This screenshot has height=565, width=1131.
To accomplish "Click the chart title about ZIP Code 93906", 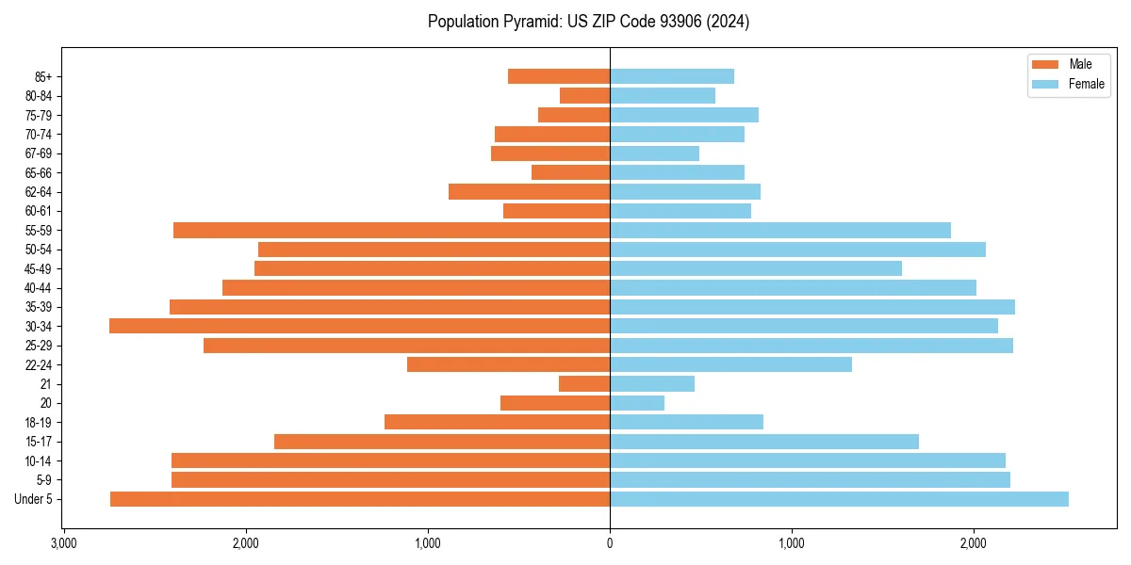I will (x=588, y=22).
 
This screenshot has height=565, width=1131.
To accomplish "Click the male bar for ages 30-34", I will (x=360, y=326).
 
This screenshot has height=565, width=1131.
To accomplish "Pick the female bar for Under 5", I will (x=839, y=499).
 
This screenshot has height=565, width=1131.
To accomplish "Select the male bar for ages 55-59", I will (x=392, y=230).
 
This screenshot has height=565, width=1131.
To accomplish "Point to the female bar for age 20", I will (x=637, y=403).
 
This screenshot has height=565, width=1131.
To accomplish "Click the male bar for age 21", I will (x=584, y=384).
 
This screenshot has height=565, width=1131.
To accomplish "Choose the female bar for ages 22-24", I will (x=730, y=364).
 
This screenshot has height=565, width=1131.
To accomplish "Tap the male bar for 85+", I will (x=559, y=76).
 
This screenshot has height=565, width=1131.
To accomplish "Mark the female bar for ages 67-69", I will (x=654, y=153).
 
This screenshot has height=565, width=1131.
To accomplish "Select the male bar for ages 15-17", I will (x=442, y=442).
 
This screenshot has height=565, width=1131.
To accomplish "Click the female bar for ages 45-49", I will (x=756, y=268).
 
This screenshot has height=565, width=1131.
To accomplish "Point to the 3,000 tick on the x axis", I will (x=63, y=543).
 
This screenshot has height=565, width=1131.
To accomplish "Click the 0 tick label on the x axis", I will (x=610, y=543).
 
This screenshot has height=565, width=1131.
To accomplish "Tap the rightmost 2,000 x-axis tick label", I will (x=974, y=543).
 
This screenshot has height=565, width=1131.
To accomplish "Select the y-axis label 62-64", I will (x=39, y=192).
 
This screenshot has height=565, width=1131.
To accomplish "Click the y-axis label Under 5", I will (x=34, y=499).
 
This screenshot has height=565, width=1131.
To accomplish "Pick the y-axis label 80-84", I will (x=39, y=96).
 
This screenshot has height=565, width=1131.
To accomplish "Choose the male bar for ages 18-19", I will (x=498, y=422).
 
